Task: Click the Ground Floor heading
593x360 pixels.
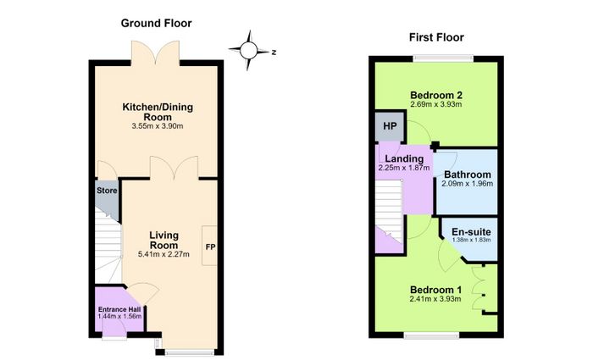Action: [156, 24]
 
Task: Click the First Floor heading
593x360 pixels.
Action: [436, 37]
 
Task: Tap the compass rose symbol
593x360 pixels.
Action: [248, 50]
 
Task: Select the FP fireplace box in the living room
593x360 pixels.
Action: [209, 246]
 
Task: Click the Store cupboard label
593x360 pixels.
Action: [107, 191]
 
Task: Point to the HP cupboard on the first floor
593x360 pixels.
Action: [390, 126]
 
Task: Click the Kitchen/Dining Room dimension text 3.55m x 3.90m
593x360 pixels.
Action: [158, 126]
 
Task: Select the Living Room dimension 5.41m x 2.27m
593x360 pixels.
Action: [163, 254]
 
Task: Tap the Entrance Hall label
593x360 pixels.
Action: [119, 310]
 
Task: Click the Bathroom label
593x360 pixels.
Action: [468, 174]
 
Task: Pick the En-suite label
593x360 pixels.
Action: [471, 232]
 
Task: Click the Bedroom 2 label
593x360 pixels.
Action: [436, 95]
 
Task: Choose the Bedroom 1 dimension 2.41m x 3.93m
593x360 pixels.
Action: [435, 299]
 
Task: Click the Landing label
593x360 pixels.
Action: [404, 159]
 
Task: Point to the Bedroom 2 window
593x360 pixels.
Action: [443, 58]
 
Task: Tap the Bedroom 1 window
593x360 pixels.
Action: [432, 335]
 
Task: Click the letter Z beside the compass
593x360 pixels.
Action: [274, 53]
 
